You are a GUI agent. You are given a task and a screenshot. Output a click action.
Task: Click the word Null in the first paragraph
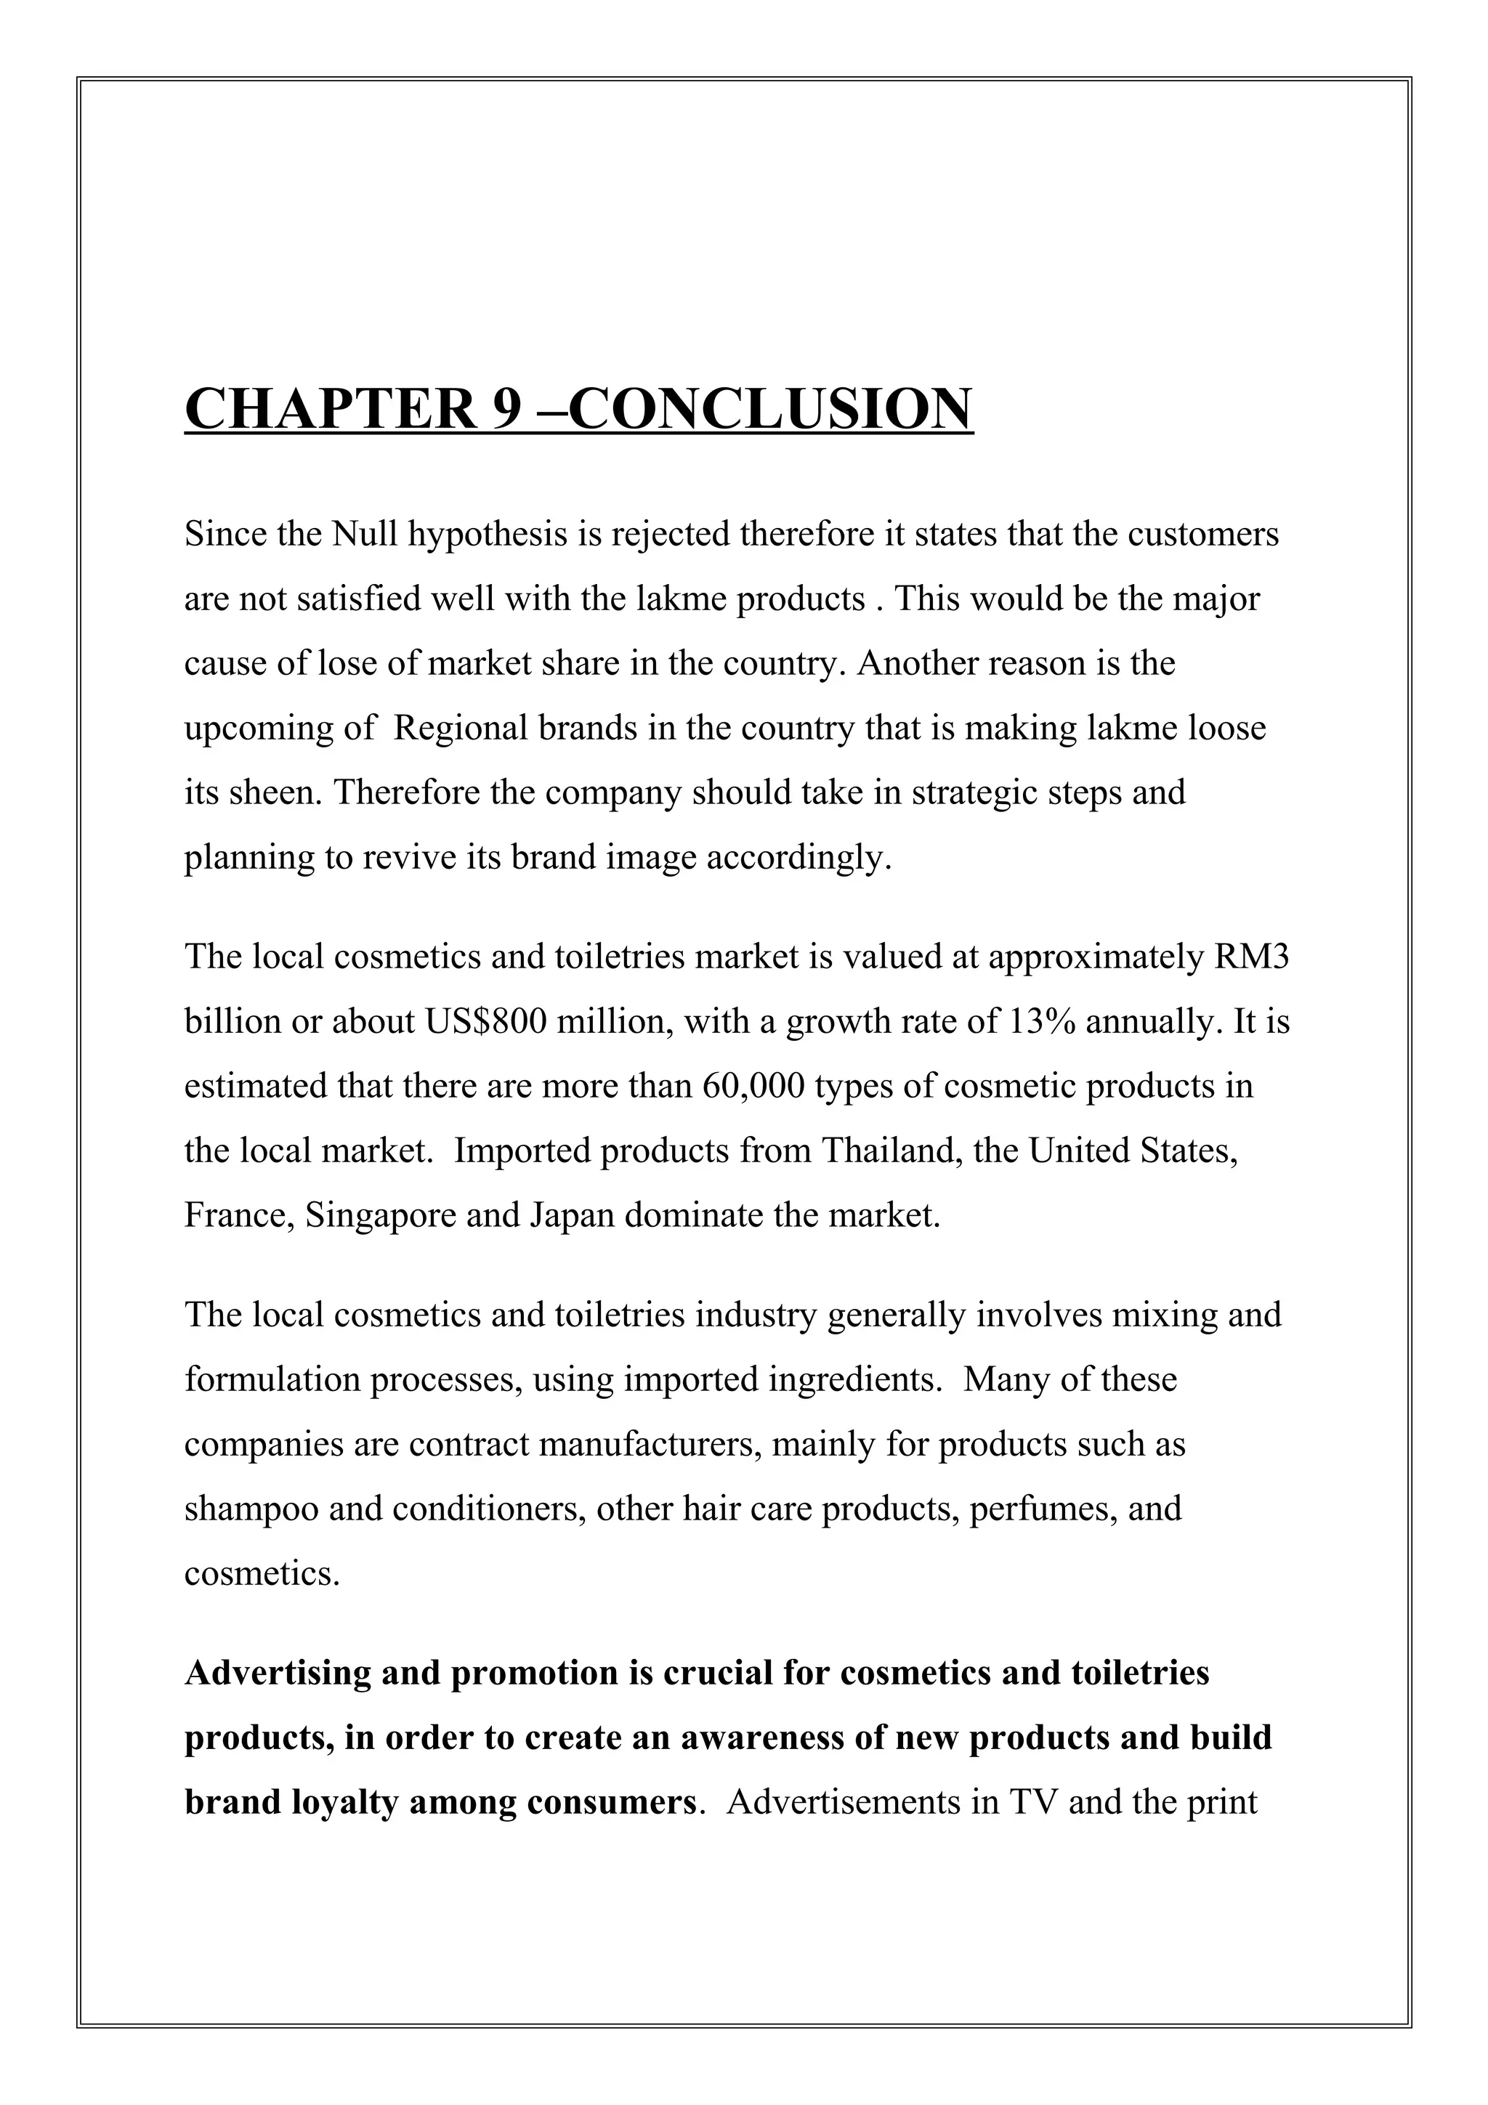point(364,534)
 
